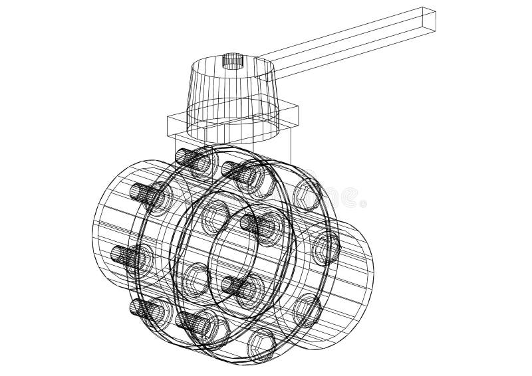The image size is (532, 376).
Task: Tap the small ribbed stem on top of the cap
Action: click(x=232, y=62)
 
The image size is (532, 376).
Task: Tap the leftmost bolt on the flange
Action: click(x=132, y=255)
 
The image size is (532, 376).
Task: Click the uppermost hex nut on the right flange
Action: click(x=307, y=192)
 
